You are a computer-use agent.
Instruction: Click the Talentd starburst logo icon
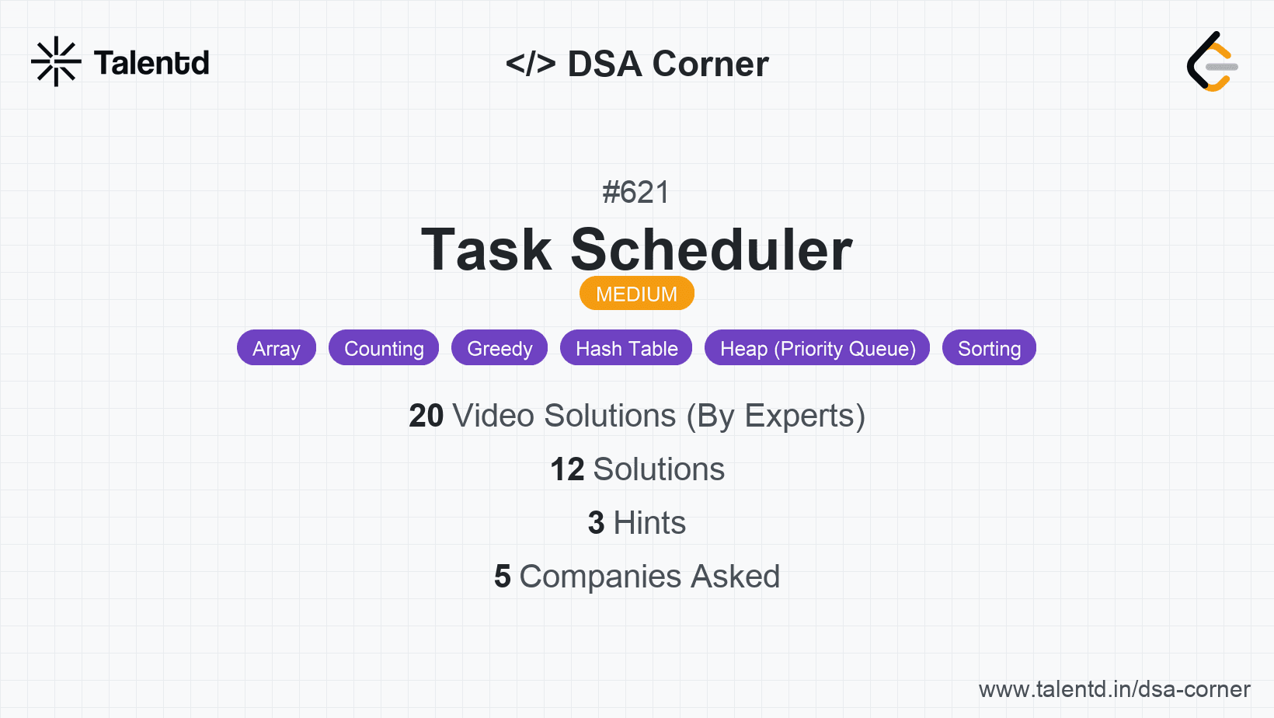pyautogui.click(x=56, y=61)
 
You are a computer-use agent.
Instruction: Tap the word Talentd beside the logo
pyautogui.click(x=151, y=63)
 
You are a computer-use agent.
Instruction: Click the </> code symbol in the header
pyautogui.click(x=531, y=64)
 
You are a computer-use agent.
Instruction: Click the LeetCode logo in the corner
pyautogui.click(x=1212, y=62)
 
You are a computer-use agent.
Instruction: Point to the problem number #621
pyautogui.click(x=636, y=192)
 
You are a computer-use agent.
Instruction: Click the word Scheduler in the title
pyautogui.click(x=712, y=250)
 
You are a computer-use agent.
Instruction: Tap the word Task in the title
pyautogui.click(x=486, y=250)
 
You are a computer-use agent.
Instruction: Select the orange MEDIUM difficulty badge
pyautogui.click(x=636, y=294)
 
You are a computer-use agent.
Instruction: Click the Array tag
pyautogui.click(x=277, y=348)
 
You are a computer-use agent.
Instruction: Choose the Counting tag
pyautogui.click(x=384, y=348)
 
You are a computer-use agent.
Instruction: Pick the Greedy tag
pyautogui.click(x=500, y=348)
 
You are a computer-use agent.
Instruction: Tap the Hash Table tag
pyautogui.click(x=626, y=348)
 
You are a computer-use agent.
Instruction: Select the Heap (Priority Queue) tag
pyautogui.click(x=817, y=348)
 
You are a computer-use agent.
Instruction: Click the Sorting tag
pyautogui.click(x=989, y=348)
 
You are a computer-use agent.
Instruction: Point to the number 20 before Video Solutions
pyautogui.click(x=426, y=416)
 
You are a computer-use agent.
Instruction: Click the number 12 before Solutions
pyautogui.click(x=567, y=469)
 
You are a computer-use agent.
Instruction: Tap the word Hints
pyautogui.click(x=649, y=523)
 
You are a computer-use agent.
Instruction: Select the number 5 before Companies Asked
pyautogui.click(x=503, y=577)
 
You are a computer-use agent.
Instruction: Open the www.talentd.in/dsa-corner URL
pyautogui.click(x=1114, y=689)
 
